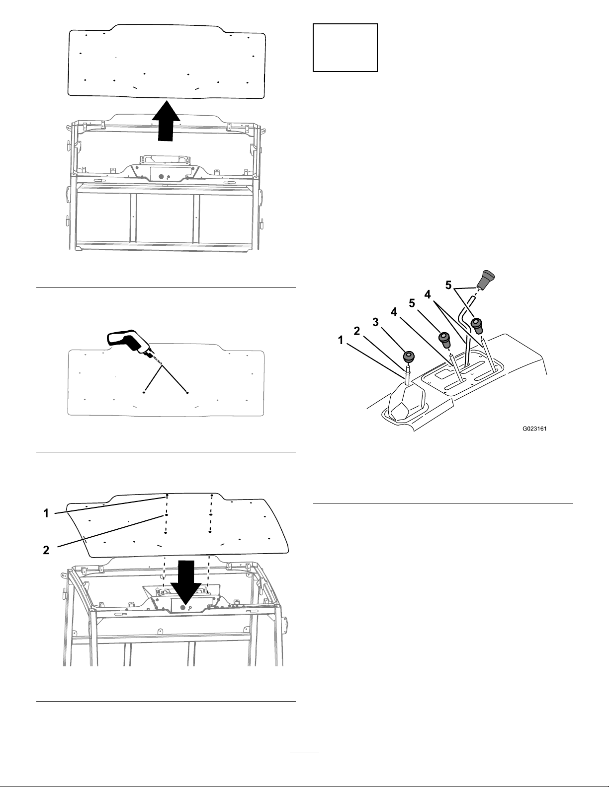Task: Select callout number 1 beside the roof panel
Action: point(46,513)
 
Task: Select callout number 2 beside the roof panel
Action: point(46,550)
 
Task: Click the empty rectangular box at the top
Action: point(345,48)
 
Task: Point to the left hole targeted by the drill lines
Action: point(144,392)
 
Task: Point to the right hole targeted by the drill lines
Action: point(187,392)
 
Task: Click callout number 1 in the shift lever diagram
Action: point(341,340)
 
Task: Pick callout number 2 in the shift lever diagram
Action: point(357,331)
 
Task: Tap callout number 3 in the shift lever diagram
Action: point(375,322)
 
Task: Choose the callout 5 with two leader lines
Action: point(448,285)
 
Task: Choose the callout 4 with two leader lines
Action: point(428,295)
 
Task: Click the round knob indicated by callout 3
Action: point(408,357)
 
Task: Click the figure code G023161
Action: point(534,429)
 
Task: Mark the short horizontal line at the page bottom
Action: point(304,750)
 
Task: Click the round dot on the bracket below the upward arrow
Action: point(161,176)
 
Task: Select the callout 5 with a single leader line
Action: point(412,303)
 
